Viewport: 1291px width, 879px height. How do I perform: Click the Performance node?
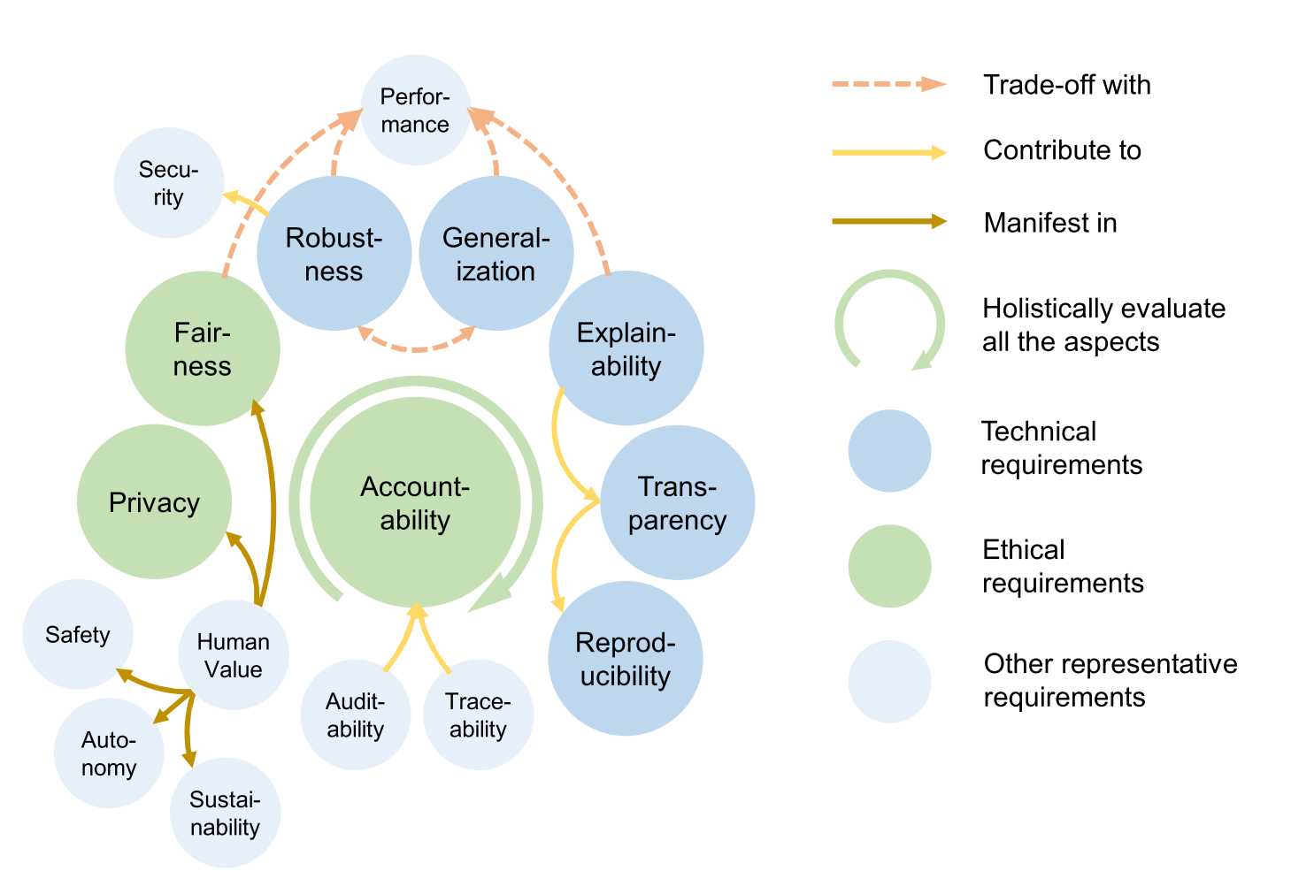(x=415, y=110)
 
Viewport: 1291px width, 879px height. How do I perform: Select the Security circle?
(x=168, y=183)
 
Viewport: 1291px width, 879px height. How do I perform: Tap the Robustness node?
(x=334, y=254)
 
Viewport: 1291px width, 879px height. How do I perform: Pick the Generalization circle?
(x=496, y=254)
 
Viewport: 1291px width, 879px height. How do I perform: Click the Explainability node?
(x=626, y=348)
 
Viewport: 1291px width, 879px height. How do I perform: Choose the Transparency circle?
(x=677, y=502)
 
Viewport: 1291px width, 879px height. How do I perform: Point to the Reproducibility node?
(x=625, y=659)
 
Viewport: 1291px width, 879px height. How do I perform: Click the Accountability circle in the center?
(x=415, y=502)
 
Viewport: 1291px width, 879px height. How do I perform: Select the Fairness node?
(x=203, y=348)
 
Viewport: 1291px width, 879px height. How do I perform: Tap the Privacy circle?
(x=154, y=502)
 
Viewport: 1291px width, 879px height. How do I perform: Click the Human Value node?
(x=233, y=655)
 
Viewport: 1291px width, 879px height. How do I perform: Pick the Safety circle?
(x=78, y=634)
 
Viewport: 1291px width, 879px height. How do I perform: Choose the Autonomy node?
(x=109, y=753)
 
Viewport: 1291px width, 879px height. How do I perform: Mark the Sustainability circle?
(x=225, y=813)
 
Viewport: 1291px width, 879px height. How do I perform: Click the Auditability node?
(x=355, y=715)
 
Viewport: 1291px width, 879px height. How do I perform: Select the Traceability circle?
(x=478, y=715)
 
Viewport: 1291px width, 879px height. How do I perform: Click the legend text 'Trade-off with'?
(x=1066, y=85)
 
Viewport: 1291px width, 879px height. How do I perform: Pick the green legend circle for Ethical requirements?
(x=889, y=567)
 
